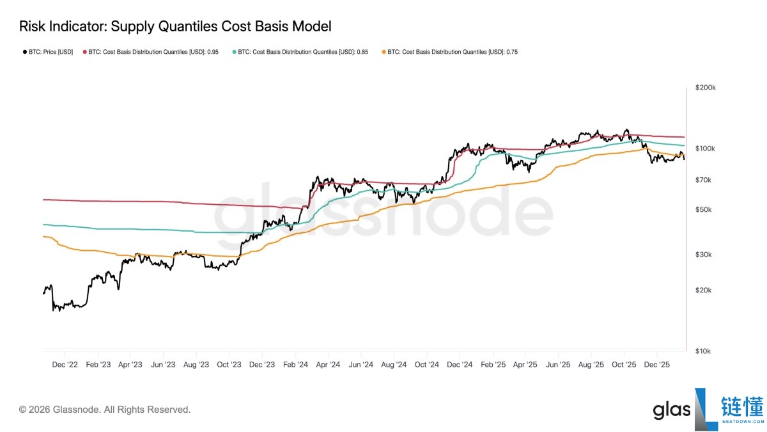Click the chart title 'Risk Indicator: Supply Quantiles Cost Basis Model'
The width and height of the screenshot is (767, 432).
pos(175,26)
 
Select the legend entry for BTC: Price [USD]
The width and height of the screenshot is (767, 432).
pos(48,52)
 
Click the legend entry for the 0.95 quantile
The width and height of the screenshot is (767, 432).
pos(151,52)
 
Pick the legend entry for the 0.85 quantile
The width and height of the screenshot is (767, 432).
pos(300,52)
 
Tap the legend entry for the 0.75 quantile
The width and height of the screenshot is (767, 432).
pos(450,52)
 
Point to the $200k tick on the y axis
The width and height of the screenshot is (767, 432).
pos(706,88)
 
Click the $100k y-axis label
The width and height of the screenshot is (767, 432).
pos(705,148)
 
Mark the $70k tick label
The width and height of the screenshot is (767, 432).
pos(703,180)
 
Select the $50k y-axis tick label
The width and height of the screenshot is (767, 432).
pos(703,209)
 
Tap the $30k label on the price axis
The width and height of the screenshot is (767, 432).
pos(703,255)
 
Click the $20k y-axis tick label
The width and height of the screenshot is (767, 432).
pos(703,291)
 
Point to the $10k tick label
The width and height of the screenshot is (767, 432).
pos(703,351)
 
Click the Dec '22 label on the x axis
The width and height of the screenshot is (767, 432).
pos(65,364)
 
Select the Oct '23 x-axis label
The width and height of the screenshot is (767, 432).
pos(229,364)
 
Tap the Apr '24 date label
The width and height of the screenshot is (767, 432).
pos(328,364)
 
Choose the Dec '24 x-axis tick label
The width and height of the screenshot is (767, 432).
pos(460,364)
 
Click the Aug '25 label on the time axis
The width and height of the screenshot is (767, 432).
pos(591,364)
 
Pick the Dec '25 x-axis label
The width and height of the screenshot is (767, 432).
pos(657,364)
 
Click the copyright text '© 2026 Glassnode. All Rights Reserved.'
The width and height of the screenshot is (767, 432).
pos(105,410)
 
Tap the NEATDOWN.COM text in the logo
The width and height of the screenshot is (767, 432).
pos(743,421)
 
